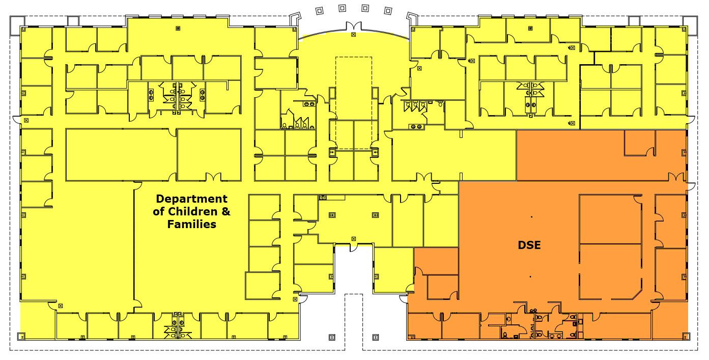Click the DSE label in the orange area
tap(529, 245)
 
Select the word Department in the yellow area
tap(191, 199)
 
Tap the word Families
tap(191, 224)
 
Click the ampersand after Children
tap(226, 211)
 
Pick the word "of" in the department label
tap(159, 211)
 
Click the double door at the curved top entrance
tap(354, 26)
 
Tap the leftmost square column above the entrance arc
tap(320, 11)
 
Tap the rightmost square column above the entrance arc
tap(388, 11)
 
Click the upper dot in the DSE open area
tap(531, 217)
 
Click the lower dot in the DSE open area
tap(530, 276)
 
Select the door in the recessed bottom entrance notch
tap(354, 247)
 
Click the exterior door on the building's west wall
tap(16, 120)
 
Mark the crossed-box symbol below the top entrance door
tap(354, 35)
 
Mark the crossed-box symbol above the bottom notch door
tap(354, 239)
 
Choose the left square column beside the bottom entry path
tap(332, 337)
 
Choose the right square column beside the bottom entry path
tap(376, 337)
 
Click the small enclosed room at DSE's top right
tap(639, 143)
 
